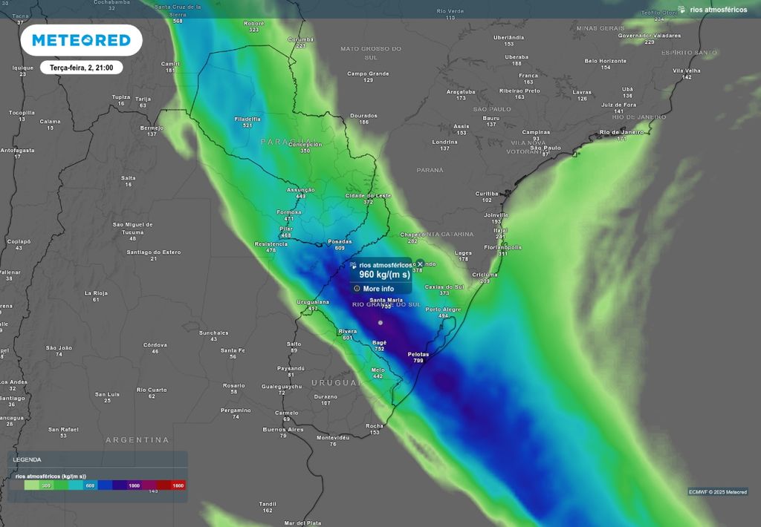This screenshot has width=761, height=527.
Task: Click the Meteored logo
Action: [81, 40]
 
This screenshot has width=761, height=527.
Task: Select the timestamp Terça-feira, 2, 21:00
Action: [81, 68]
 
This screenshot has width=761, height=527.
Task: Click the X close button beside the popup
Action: [420, 264]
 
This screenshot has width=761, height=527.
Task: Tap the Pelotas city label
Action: [418, 355]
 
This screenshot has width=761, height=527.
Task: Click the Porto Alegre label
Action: [443, 310]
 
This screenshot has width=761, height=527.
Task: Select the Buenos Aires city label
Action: [283, 430]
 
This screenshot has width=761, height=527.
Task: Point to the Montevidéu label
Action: [333, 438]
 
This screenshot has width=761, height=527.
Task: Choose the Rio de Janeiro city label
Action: [621, 132]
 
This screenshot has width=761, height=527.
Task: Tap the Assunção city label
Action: [301, 190]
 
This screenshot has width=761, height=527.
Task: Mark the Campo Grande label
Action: [368, 73]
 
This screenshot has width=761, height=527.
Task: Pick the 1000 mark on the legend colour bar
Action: [134, 485]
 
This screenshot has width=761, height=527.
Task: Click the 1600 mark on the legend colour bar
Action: [178, 485]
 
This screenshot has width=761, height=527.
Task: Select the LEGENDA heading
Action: [27, 459]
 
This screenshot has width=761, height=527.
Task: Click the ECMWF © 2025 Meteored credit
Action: [717, 491]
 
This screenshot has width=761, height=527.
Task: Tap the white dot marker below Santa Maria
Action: [380, 322]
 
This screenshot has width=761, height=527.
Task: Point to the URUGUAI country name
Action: [335, 382]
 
